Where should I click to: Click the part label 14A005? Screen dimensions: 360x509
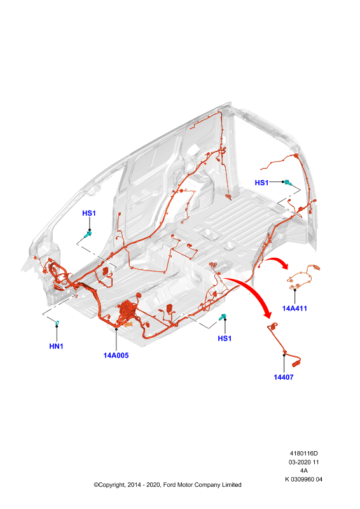pyautogui.click(x=116, y=356)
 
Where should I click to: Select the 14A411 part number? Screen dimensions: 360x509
pyautogui.click(x=294, y=309)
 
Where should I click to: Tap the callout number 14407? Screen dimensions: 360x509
pyautogui.click(x=284, y=377)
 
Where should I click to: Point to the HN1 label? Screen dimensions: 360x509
pyautogui.click(x=56, y=346)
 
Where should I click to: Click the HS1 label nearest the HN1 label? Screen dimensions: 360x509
pyautogui.click(x=89, y=213)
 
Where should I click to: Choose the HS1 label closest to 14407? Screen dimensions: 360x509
pyautogui.click(x=225, y=338)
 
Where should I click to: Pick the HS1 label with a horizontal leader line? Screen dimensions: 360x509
pyautogui.click(x=261, y=183)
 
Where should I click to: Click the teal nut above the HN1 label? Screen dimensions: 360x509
pyautogui.click(x=57, y=323)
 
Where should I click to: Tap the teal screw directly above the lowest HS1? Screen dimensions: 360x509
pyautogui.click(x=223, y=316)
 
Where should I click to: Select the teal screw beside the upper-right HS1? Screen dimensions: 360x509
pyautogui.click(x=287, y=183)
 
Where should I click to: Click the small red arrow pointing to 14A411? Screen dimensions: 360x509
pyautogui.click(x=278, y=262)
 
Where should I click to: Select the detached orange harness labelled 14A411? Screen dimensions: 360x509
pyautogui.click(x=303, y=278)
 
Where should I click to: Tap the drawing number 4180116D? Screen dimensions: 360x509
pyautogui.click(x=304, y=453)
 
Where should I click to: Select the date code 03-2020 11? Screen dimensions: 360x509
pyautogui.click(x=304, y=462)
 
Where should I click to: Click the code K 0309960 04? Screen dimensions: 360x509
pyautogui.click(x=304, y=479)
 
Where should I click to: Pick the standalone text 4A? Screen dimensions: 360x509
pyautogui.click(x=304, y=470)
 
